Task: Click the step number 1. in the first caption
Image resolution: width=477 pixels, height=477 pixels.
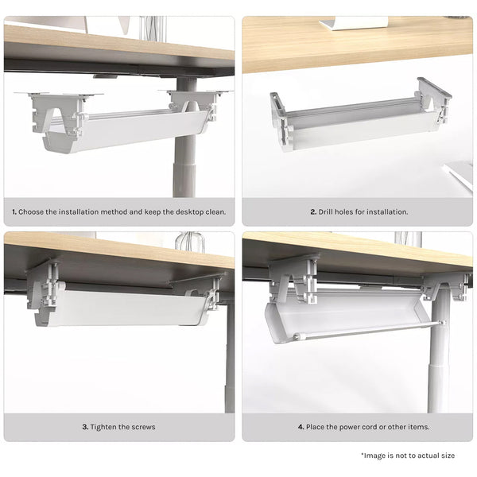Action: [14, 212]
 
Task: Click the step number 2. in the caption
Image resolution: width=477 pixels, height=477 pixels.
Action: [313, 212]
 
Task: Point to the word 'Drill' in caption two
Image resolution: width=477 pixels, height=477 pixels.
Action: [328, 212]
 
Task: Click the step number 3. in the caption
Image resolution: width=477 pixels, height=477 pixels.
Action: [85, 427]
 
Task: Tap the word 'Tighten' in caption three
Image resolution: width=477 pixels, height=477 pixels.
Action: [105, 427]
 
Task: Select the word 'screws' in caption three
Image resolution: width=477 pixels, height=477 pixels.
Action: [143, 427]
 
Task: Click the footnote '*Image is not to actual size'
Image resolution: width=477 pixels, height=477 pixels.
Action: [407, 456]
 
